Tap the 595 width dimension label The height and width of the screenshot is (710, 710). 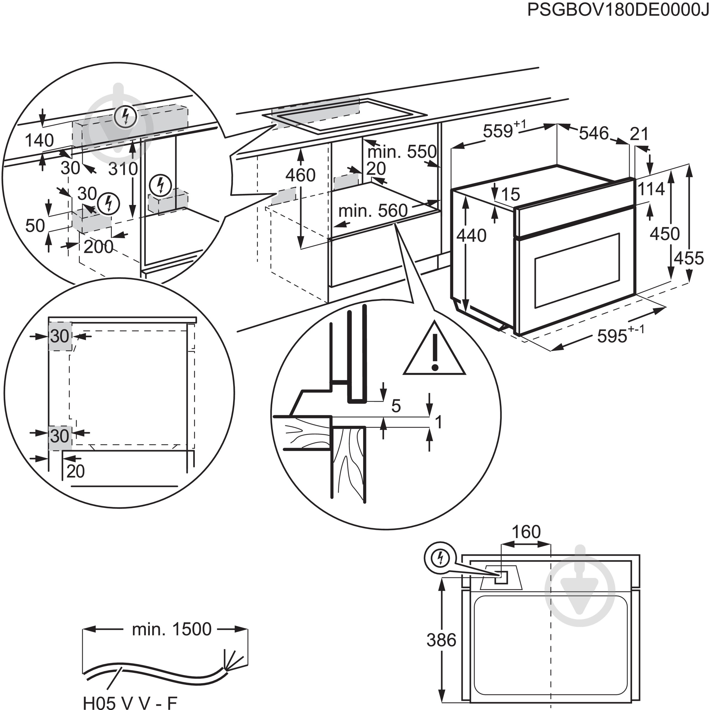pyautogui.click(x=612, y=336)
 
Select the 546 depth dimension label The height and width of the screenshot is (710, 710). pyautogui.click(x=594, y=133)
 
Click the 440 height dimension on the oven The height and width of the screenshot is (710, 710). pyautogui.click(x=471, y=235)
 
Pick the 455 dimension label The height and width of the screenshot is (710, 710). pyautogui.click(x=688, y=258)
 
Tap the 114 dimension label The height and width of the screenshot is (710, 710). pyautogui.click(x=651, y=189)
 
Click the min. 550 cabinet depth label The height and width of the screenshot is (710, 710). pyautogui.click(x=402, y=151)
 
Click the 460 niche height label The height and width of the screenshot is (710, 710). pyautogui.click(x=300, y=175)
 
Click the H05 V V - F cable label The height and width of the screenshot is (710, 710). pyautogui.click(x=130, y=702)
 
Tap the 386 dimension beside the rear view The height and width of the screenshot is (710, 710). pyautogui.click(x=441, y=640)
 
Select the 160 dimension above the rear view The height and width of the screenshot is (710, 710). pyautogui.click(x=526, y=531)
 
